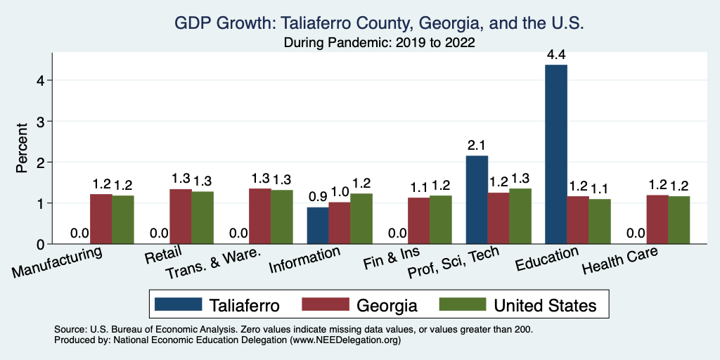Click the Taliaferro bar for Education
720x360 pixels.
pos(556,155)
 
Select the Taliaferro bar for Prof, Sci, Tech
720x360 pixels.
pos(477,200)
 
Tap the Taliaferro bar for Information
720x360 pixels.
pos(318,226)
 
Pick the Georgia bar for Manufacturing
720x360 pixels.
pos(101,219)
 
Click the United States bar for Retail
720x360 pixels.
pos(202,218)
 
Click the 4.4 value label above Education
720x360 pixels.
pos(556,53)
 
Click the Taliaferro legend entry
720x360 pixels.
pos(217,304)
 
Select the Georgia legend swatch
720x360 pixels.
pos(326,304)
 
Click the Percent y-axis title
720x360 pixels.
pos(22,147)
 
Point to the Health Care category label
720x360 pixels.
pos(621,265)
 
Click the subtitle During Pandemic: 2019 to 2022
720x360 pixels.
pos(379,43)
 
